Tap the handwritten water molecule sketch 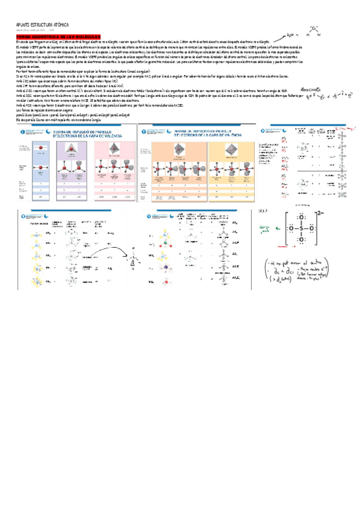coord(313,32)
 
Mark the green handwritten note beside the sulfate coord(262,229)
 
